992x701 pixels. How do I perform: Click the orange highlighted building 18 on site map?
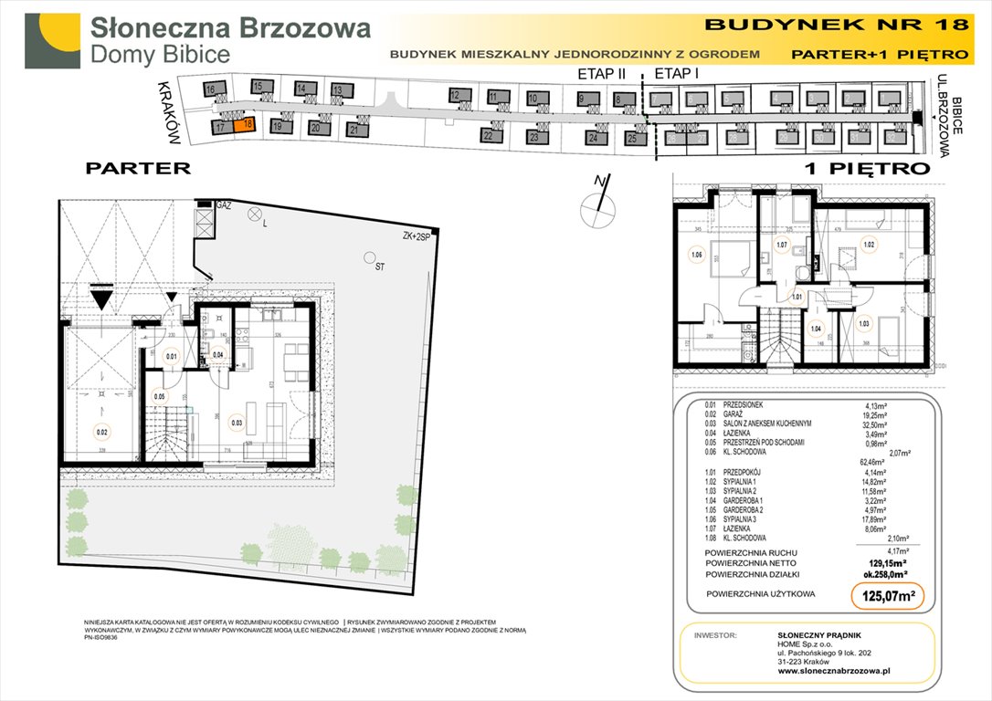[x=243, y=127]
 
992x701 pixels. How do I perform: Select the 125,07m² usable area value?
[x=882, y=597]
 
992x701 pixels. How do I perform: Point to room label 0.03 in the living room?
[x=237, y=422]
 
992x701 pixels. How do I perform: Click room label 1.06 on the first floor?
[x=698, y=256]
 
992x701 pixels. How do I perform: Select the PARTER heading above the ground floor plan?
[x=138, y=168]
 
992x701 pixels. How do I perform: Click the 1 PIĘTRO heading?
[x=866, y=169]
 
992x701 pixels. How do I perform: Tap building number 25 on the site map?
[x=631, y=139]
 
